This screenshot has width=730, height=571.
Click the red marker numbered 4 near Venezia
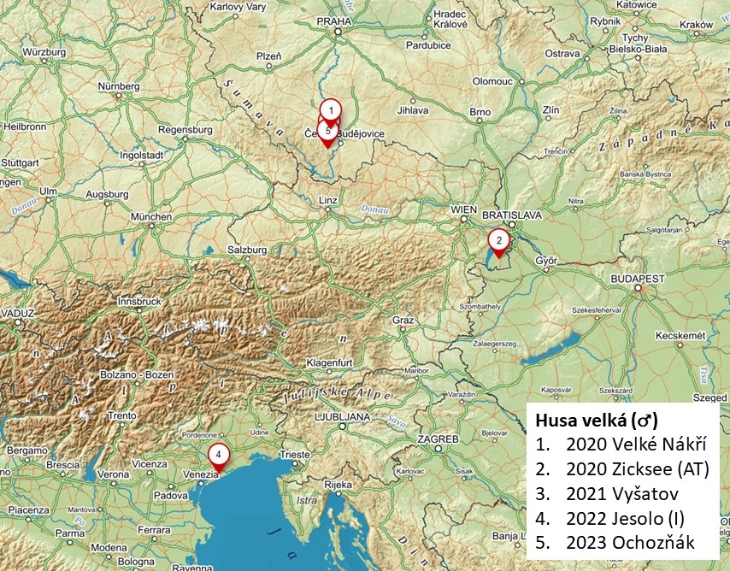219,456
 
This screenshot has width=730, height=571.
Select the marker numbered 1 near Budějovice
331,110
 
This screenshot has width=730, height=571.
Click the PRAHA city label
334,21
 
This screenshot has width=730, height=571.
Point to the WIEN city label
463,209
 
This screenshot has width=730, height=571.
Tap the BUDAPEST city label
638,279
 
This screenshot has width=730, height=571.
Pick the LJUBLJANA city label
342,416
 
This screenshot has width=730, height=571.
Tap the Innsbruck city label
139,302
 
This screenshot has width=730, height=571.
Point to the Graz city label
403,320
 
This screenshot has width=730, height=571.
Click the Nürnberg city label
118,86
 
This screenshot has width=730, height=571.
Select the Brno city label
480,112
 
